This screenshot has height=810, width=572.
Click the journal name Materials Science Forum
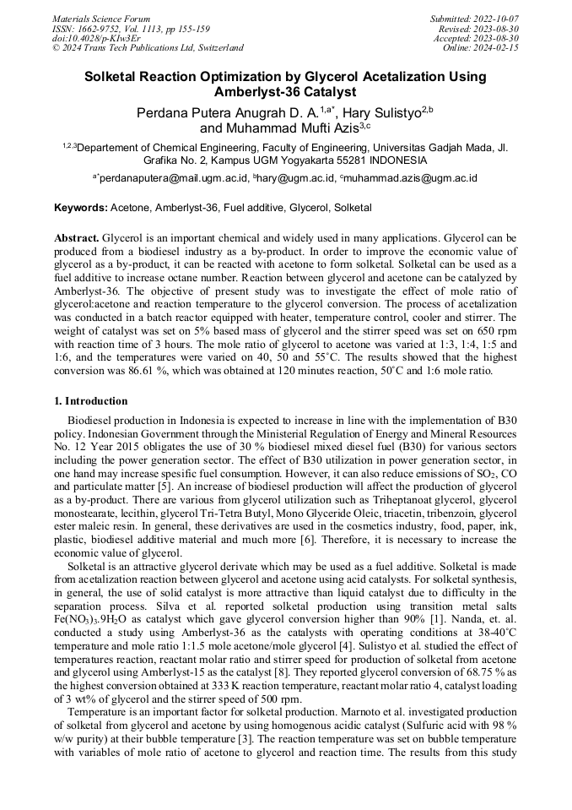pyautogui.click(x=101, y=18)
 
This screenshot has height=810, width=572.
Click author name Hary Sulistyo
pyautogui.click(x=383, y=112)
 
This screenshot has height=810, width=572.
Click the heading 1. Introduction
pyautogui.click(x=91, y=401)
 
